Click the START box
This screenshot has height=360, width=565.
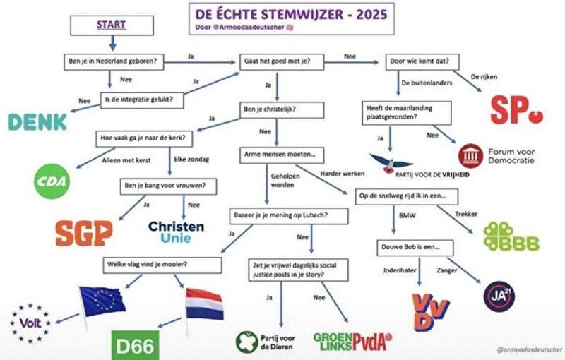coord(112,25)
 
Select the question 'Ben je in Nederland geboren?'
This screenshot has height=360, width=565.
coord(114,61)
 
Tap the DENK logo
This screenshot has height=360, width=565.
coord(37,122)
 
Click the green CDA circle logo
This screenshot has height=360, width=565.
coord(52,181)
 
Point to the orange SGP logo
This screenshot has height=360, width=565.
coord(84,233)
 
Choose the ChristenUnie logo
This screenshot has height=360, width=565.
coord(176,232)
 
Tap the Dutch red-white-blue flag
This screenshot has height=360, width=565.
coord(204,304)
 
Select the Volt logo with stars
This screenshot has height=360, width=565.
coord(30,323)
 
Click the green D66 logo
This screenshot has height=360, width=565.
coord(135,345)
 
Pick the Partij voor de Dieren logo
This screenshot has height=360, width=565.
coord(266,342)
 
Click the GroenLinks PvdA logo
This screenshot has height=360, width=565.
coord(352,342)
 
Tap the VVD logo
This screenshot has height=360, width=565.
coord(431,312)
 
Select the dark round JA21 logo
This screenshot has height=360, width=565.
coord(499,296)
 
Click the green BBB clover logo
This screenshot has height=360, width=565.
coord(511,236)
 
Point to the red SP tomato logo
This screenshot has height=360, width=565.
coord(517,110)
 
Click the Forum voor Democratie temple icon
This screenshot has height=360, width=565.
coord(470,156)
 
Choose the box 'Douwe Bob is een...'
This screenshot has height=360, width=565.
coord(415,248)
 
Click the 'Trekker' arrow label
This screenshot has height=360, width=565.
coord(466,214)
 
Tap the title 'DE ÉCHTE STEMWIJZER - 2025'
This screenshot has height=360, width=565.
coord(291,14)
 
